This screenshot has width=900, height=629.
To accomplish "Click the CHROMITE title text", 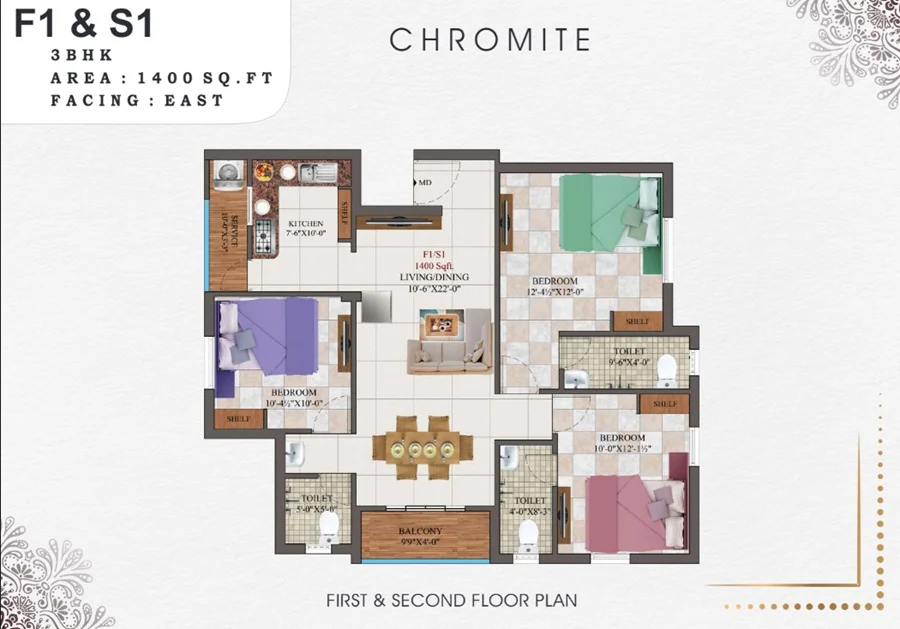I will coord(490,40).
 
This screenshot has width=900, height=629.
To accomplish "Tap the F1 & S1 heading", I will coord(84,24).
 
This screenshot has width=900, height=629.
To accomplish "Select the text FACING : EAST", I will coord(138,100).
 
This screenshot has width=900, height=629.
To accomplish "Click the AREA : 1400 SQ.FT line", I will coord(161,77).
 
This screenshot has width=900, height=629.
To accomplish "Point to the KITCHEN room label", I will coord(305,224).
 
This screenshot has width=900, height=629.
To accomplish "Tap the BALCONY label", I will coord(425,532).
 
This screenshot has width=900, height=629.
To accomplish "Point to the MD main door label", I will coord(425,182).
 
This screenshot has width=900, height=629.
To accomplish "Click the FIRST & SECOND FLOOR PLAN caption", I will coord(451,600).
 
